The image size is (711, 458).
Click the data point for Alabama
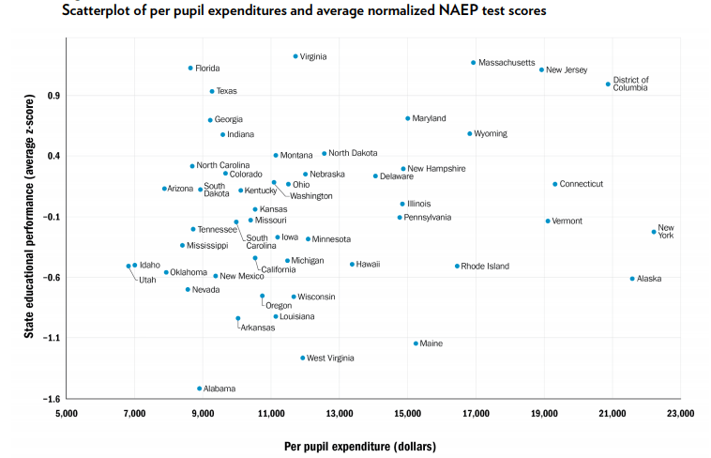click(x=200, y=389)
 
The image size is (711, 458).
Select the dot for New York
click(x=654, y=232)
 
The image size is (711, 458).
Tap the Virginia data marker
click(x=295, y=56)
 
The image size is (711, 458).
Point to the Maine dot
click(x=416, y=343)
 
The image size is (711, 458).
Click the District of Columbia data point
click(x=608, y=84)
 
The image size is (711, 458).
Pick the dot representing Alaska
click(x=632, y=279)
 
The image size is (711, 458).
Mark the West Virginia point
click(x=302, y=358)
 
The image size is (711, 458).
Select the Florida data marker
click(x=190, y=69)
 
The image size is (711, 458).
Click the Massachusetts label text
click(x=507, y=63)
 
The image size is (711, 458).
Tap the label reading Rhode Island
click(x=485, y=267)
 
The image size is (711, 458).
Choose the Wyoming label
click(x=491, y=134)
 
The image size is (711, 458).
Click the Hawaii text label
click(x=368, y=265)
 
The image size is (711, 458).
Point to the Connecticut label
click(x=581, y=184)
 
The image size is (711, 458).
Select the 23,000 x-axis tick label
click(x=680, y=414)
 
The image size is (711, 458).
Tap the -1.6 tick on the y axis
click(x=51, y=399)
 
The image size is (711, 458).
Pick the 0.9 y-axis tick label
click(x=53, y=96)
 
